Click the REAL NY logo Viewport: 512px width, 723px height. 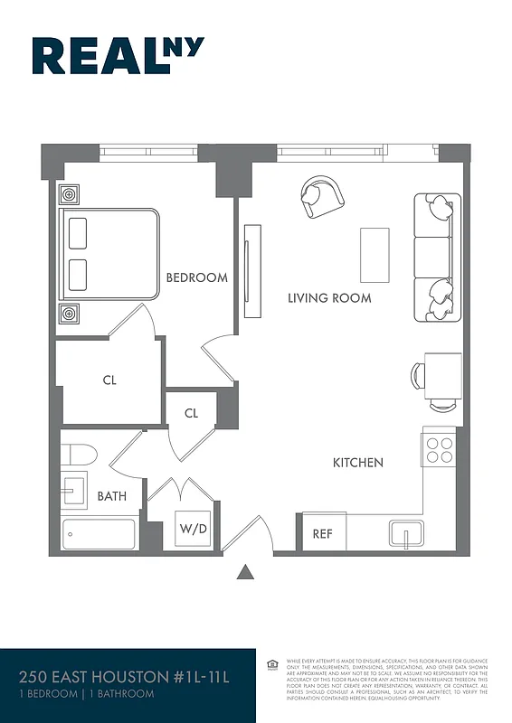[118, 55]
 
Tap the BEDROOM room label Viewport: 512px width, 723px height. [196, 277]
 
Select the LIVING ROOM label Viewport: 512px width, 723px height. [329, 298]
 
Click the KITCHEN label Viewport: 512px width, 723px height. [358, 463]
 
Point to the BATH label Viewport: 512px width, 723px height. [112, 496]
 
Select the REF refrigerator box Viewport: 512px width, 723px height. [323, 533]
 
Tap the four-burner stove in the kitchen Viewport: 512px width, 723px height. [440, 450]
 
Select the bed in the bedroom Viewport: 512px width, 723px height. [109, 254]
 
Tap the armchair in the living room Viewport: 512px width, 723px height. [321, 195]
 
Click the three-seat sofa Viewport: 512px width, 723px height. [435, 258]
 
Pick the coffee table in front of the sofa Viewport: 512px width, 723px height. [375, 255]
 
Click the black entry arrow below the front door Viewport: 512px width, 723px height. [244, 572]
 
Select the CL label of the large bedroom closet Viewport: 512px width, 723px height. [109, 380]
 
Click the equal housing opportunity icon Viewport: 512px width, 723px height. [272, 665]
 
